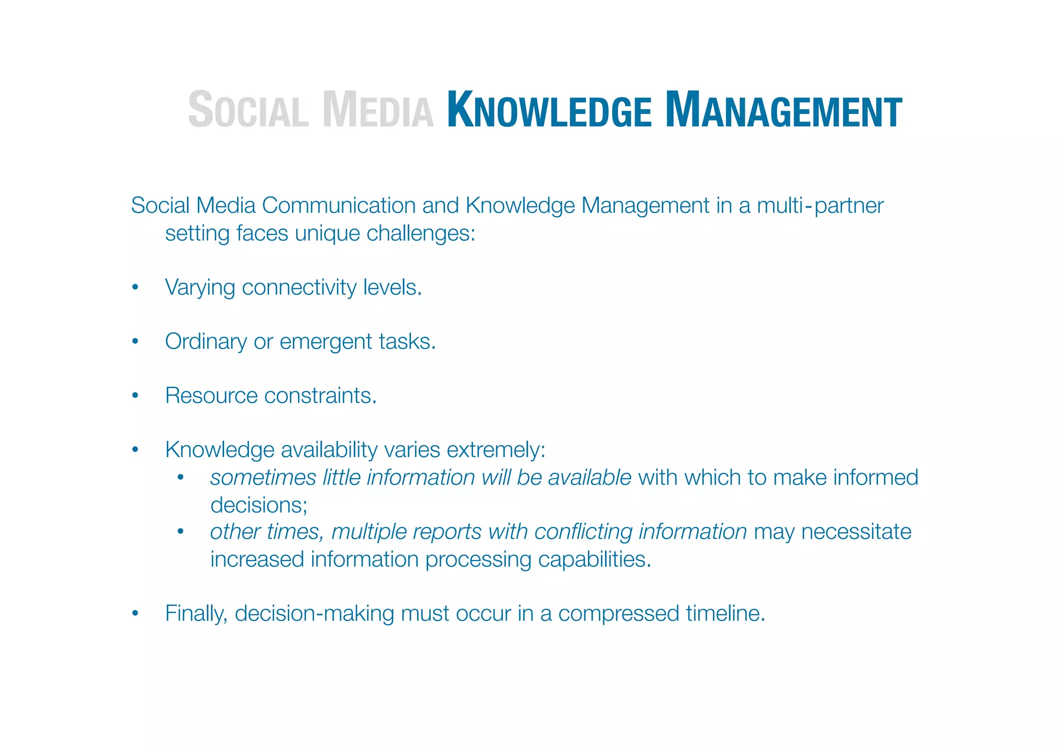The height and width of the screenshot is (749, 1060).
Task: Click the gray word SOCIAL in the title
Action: pyautogui.click(x=248, y=110)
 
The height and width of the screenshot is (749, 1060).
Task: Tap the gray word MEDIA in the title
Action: pyautogui.click(x=378, y=110)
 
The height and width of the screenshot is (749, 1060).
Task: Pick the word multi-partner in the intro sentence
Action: pyautogui.click(x=820, y=205)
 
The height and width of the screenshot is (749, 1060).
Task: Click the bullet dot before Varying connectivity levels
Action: pyautogui.click(x=135, y=288)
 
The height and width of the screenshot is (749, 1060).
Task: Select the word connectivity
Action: pyautogui.click(x=299, y=288)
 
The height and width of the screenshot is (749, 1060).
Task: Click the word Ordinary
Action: pyautogui.click(x=206, y=342)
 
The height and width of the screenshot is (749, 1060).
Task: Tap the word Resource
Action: pyautogui.click(x=211, y=396)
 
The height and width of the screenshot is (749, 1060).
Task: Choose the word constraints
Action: pyautogui.click(x=320, y=396)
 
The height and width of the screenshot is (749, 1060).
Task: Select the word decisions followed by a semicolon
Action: pyautogui.click(x=259, y=505)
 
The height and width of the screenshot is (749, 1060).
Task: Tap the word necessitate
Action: pyautogui.click(x=856, y=532)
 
